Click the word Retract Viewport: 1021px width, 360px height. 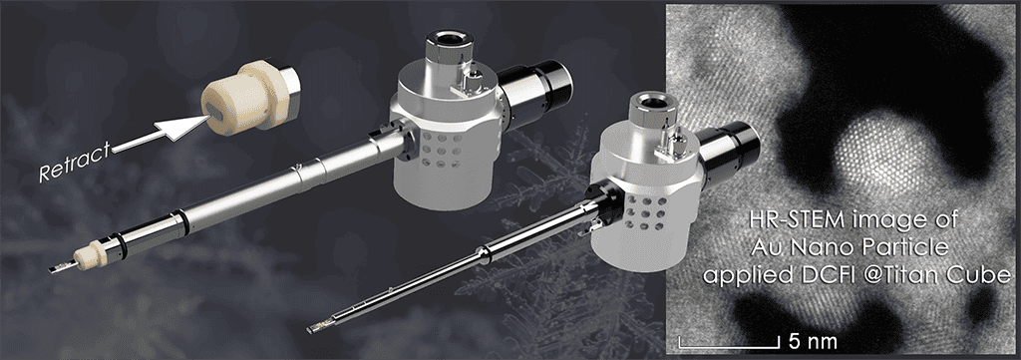pyautogui.click(x=74, y=163)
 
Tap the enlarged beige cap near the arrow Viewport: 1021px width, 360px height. pyautogui.click(x=250, y=97)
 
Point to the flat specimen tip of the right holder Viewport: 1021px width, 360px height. pyautogui.click(x=320, y=323)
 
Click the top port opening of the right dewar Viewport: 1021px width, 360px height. pyautogui.click(x=653, y=101)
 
